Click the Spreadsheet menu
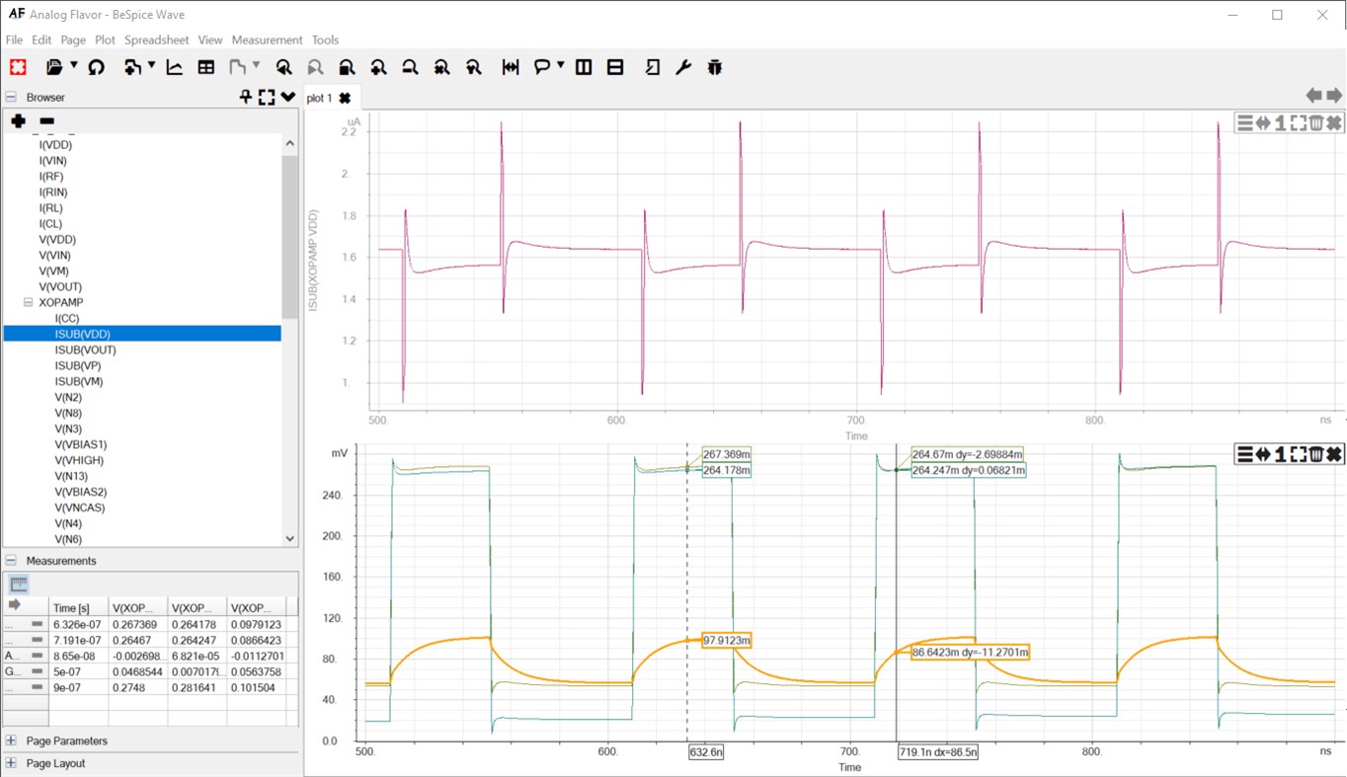(156, 40)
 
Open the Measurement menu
(267, 40)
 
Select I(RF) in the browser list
(53, 177)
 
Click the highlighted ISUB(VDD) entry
(83, 334)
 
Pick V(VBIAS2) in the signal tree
(80, 492)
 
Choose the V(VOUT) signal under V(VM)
(59, 286)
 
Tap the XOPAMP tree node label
(61, 302)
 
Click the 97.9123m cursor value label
(726, 640)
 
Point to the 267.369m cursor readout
(726, 454)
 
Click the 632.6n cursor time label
(706, 752)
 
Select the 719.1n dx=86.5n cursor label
(938, 752)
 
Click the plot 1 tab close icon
(345, 98)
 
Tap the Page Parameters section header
(67, 740)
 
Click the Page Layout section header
(55, 763)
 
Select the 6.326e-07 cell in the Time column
(76, 624)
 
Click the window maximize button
(1277, 15)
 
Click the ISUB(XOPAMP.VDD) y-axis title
(314, 263)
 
